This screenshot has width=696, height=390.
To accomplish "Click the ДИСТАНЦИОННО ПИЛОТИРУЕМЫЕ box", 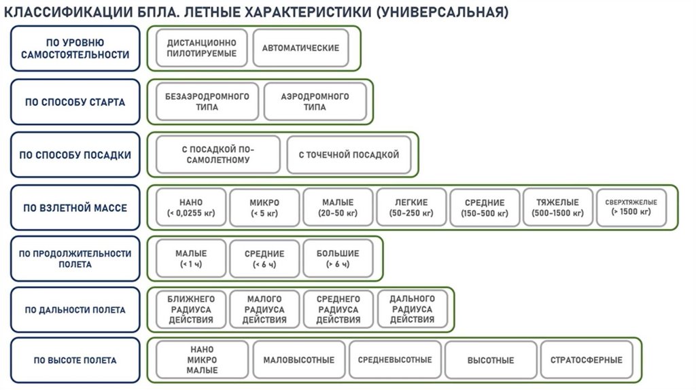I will click(202, 48).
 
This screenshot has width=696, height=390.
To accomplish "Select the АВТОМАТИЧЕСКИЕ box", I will click(300, 48).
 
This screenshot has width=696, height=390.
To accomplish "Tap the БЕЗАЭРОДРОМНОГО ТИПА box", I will click(207, 102).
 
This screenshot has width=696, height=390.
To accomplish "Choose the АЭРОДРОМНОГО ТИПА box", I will click(315, 102).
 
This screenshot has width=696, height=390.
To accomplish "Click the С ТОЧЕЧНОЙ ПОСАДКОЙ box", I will click(349, 155).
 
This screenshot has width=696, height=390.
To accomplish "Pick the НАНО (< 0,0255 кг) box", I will click(191, 207).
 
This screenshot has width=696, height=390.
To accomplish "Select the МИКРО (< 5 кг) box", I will click(264, 207).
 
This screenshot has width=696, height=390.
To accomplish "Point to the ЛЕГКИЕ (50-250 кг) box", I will click(411, 207).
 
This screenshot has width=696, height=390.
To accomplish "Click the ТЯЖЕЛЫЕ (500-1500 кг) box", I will click(557, 207).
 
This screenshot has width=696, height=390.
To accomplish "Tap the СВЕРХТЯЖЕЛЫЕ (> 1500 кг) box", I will click(631, 207).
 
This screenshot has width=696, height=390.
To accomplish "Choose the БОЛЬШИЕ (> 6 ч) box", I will click(338, 259).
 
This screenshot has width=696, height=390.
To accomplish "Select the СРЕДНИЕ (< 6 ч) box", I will click(264, 259).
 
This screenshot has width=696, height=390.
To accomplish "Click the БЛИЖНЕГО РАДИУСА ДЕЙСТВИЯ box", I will click(191, 310).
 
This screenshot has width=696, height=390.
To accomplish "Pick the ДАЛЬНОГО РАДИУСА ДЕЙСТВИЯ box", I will click(412, 309).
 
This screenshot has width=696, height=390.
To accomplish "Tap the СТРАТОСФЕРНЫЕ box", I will click(586, 360).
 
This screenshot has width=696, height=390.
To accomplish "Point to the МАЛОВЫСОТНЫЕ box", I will click(298, 360).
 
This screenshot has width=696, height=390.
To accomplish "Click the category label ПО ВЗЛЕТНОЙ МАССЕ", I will click(75, 207).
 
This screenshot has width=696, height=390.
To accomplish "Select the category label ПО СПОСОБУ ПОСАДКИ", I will click(75, 155).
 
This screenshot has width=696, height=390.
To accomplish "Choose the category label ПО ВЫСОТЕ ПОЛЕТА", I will click(75, 361).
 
